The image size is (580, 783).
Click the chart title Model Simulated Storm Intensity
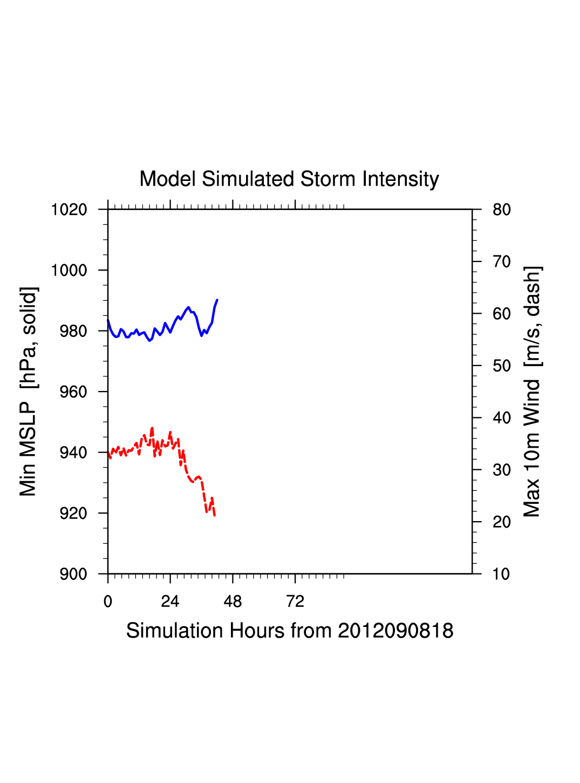(x=289, y=179)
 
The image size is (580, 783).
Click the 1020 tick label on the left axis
(x=69, y=210)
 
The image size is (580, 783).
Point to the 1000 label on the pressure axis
(x=69, y=270)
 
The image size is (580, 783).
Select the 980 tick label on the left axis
(x=73, y=331)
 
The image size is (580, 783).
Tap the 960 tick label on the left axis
(x=73, y=391)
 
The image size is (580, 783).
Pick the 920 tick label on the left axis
(x=73, y=513)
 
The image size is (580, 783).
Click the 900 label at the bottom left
(x=73, y=574)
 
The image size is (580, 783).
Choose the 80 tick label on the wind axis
(x=501, y=210)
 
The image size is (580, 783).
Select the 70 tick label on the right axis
(x=501, y=262)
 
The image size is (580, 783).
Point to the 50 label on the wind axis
(x=501, y=366)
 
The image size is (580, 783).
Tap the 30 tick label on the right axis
(x=501, y=470)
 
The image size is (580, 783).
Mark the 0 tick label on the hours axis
(x=108, y=602)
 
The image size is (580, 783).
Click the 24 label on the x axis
(x=170, y=602)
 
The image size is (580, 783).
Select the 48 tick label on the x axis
(x=233, y=602)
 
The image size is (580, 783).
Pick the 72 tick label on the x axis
(x=295, y=602)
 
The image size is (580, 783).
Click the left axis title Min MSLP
(x=29, y=391)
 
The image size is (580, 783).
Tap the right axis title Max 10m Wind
(x=532, y=391)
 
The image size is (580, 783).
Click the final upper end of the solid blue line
(x=217, y=300)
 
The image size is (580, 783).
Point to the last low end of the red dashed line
(x=215, y=515)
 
